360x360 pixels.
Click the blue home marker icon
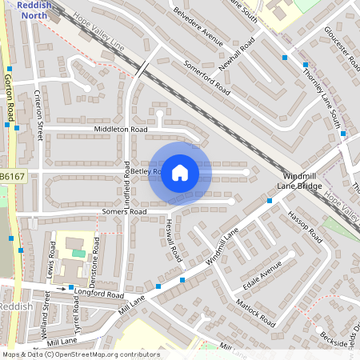pos(180,172)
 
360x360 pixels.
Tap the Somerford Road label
pos(206,78)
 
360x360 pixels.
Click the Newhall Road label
pos(238,51)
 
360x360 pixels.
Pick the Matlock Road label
pos(256,311)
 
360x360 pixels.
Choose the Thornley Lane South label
pos(321,97)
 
